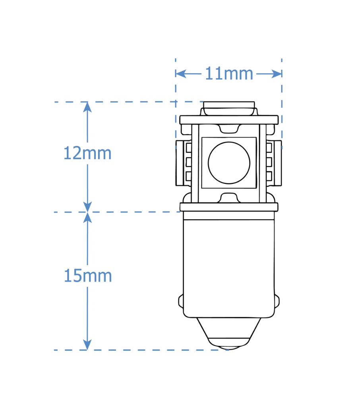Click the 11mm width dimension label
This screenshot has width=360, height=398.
point(229,74)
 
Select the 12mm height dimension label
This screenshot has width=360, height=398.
point(87,154)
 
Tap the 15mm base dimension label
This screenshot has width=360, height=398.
point(87,276)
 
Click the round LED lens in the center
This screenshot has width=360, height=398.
point(229,162)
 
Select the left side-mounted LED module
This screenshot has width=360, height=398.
point(183,162)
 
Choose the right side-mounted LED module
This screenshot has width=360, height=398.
point(274,162)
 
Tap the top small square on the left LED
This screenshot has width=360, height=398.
point(188,147)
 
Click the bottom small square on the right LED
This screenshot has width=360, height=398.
point(269,176)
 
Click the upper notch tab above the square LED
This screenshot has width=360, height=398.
point(229,128)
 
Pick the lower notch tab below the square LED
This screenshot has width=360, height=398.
point(229,197)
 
